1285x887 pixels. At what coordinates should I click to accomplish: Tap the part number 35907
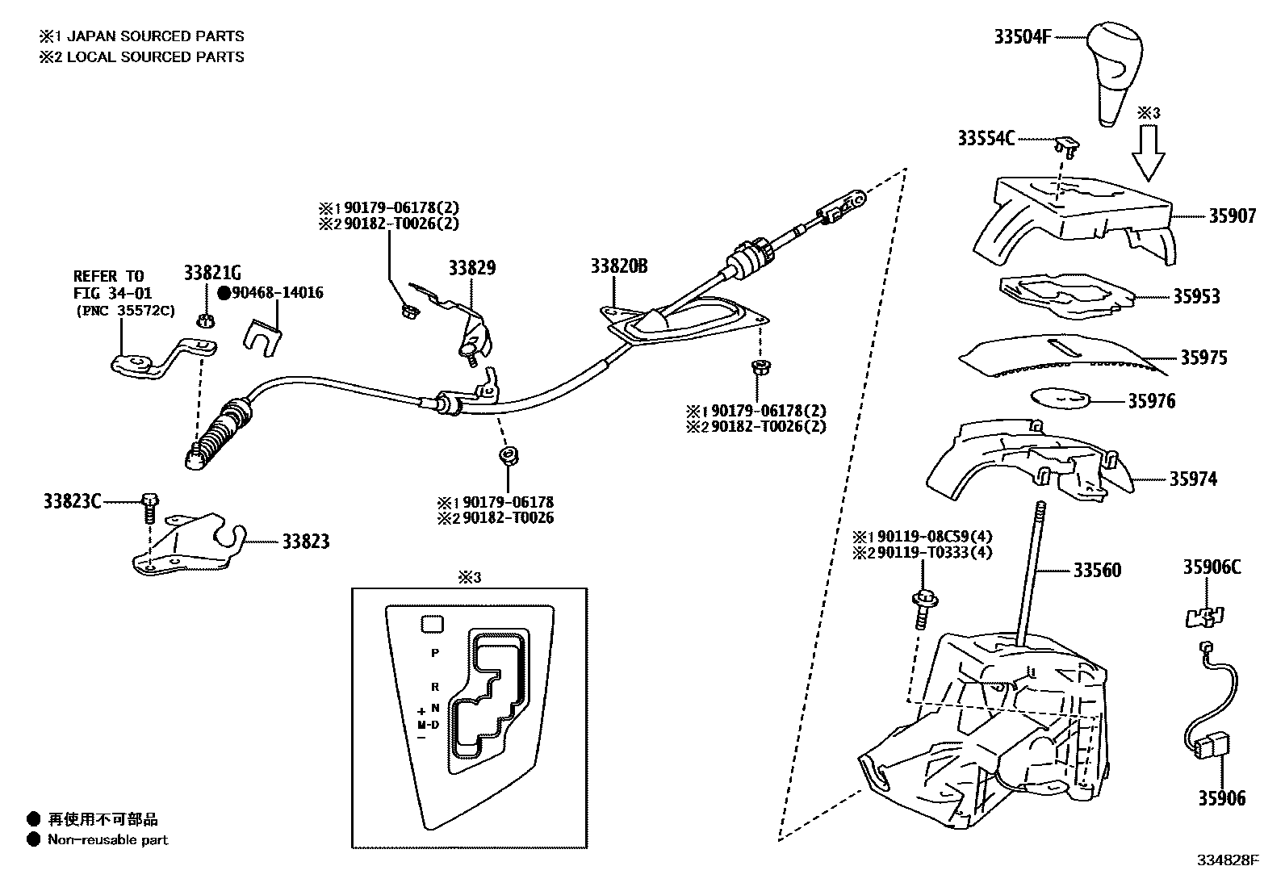pyautogui.click(x=1232, y=216)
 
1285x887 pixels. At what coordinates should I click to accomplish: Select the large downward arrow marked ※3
pyautogui.click(x=1148, y=154)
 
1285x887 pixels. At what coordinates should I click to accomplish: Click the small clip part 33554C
pyautogui.click(x=1066, y=146)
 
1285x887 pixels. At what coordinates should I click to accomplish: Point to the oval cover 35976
pyautogui.click(x=1061, y=399)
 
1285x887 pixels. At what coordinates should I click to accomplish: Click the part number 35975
pyautogui.click(x=1203, y=358)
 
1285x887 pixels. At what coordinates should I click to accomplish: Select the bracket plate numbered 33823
pyautogui.click(x=190, y=545)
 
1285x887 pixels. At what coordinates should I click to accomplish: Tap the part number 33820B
pyautogui.click(x=619, y=267)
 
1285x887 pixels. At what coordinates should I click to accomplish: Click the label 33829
pyautogui.click(x=472, y=268)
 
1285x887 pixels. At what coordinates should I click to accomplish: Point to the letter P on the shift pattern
pyautogui.click(x=435, y=652)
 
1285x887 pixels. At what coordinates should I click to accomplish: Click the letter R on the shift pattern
pyautogui.click(x=435, y=687)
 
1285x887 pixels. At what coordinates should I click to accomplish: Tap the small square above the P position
pyautogui.click(x=433, y=623)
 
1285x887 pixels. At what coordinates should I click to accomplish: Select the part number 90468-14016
pyautogui.click(x=277, y=292)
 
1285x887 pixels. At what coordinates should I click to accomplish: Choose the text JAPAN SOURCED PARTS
pyautogui.click(x=155, y=36)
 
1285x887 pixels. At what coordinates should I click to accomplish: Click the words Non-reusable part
pyautogui.click(x=107, y=839)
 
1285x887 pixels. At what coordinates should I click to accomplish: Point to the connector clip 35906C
pyautogui.click(x=1203, y=617)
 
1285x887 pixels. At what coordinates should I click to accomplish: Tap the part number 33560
pyautogui.click(x=1097, y=571)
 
